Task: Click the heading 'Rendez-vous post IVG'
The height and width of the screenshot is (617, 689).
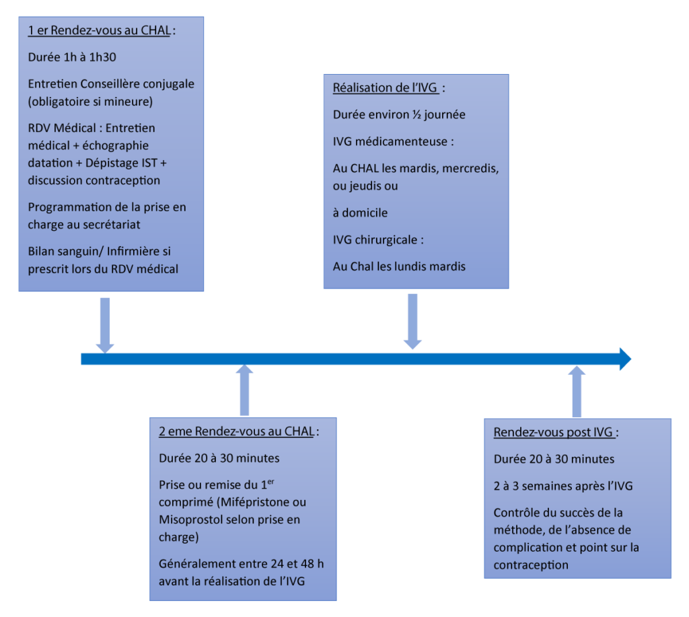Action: [553, 433]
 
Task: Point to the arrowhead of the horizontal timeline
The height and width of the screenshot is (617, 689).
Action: [625, 359]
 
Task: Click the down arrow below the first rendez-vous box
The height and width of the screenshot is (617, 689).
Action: [104, 324]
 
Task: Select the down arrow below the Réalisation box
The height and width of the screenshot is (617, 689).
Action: [412, 321]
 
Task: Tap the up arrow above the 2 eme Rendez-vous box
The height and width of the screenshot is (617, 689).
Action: [244, 391]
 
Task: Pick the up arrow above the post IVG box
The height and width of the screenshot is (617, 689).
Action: [577, 392]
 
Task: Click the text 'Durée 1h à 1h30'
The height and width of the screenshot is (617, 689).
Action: [72, 57]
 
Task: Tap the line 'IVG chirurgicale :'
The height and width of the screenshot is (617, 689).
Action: [379, 240]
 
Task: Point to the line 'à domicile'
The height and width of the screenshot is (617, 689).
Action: [360, 213]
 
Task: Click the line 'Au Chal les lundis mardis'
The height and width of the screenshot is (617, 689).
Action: [399, 266]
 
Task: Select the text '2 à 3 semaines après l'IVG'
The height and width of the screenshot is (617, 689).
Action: [562, 486]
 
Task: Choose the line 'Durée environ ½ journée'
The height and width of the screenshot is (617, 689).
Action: [399, 114]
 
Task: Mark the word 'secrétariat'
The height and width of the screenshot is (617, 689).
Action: [110, 225]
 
